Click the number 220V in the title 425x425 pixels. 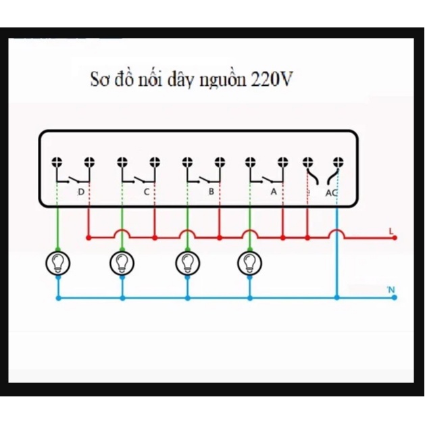pyautogui.click(x=272, y=79)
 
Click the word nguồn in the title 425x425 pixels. pyautogui.click(x=223, y=80)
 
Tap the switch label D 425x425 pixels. pyautogui.click(x=81, y=192)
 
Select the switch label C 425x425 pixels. pyautogui.click(x=147, y=192)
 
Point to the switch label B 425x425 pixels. pyautogui.click(x=211, y=191)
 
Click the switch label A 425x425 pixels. pyautogui.click(x=274, y=191)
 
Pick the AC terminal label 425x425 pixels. pyautogui.click(x=331, y=193)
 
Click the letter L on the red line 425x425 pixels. pyautogui.click(x=391, y=231)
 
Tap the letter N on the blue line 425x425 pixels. pyautogui.click(x=391, y=290)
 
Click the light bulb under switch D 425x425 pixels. pyautogui.click(x=57, y=263)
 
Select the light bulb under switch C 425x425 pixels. pyautogui.click(x=122, y=263)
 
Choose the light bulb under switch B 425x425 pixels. pyautogui.click(x=188, y=263)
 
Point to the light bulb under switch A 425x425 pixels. pyautogui.click(x=249, y=263)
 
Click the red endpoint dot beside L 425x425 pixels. pyautogui.click(x=395, y=238)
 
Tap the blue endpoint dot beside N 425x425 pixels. pyautogui.click(x=395, y=297)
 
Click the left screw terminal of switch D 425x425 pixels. pyautogui.click(x=57, y=162)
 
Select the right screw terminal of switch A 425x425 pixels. pyautogui.click(x=282, y=162)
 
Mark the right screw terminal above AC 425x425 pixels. pyautogui.click(x=339, y=162)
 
